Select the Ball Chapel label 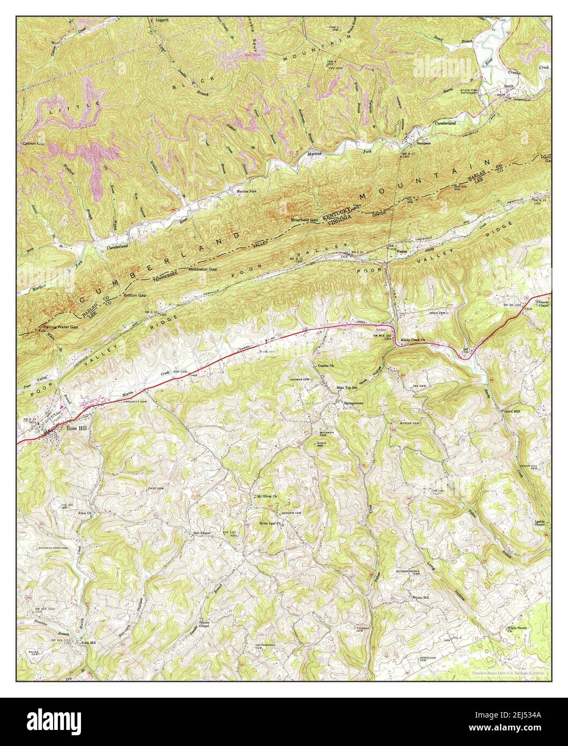click(197, 533)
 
